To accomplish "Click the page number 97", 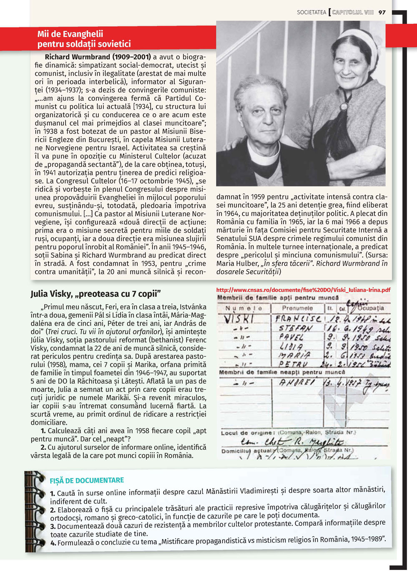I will click(382, 13).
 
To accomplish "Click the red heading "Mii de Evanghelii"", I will click(70, 34).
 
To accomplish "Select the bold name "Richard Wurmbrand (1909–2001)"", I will click(98, 57).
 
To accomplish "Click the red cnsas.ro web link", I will click(303, 290).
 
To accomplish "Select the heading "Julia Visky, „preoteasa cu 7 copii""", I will click(95, 294).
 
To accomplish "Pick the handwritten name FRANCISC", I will click(298, 319).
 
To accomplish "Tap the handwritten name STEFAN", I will click(294, 328).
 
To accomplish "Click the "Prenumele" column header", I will click(297, 308).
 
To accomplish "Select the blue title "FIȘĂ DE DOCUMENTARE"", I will click(87, 481).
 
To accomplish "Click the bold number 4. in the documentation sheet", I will click(53, 543).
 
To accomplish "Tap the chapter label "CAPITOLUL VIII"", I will click(353, 13).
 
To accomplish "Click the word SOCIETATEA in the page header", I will click(311, 13).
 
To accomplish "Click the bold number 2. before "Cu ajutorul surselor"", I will click(43, 447).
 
